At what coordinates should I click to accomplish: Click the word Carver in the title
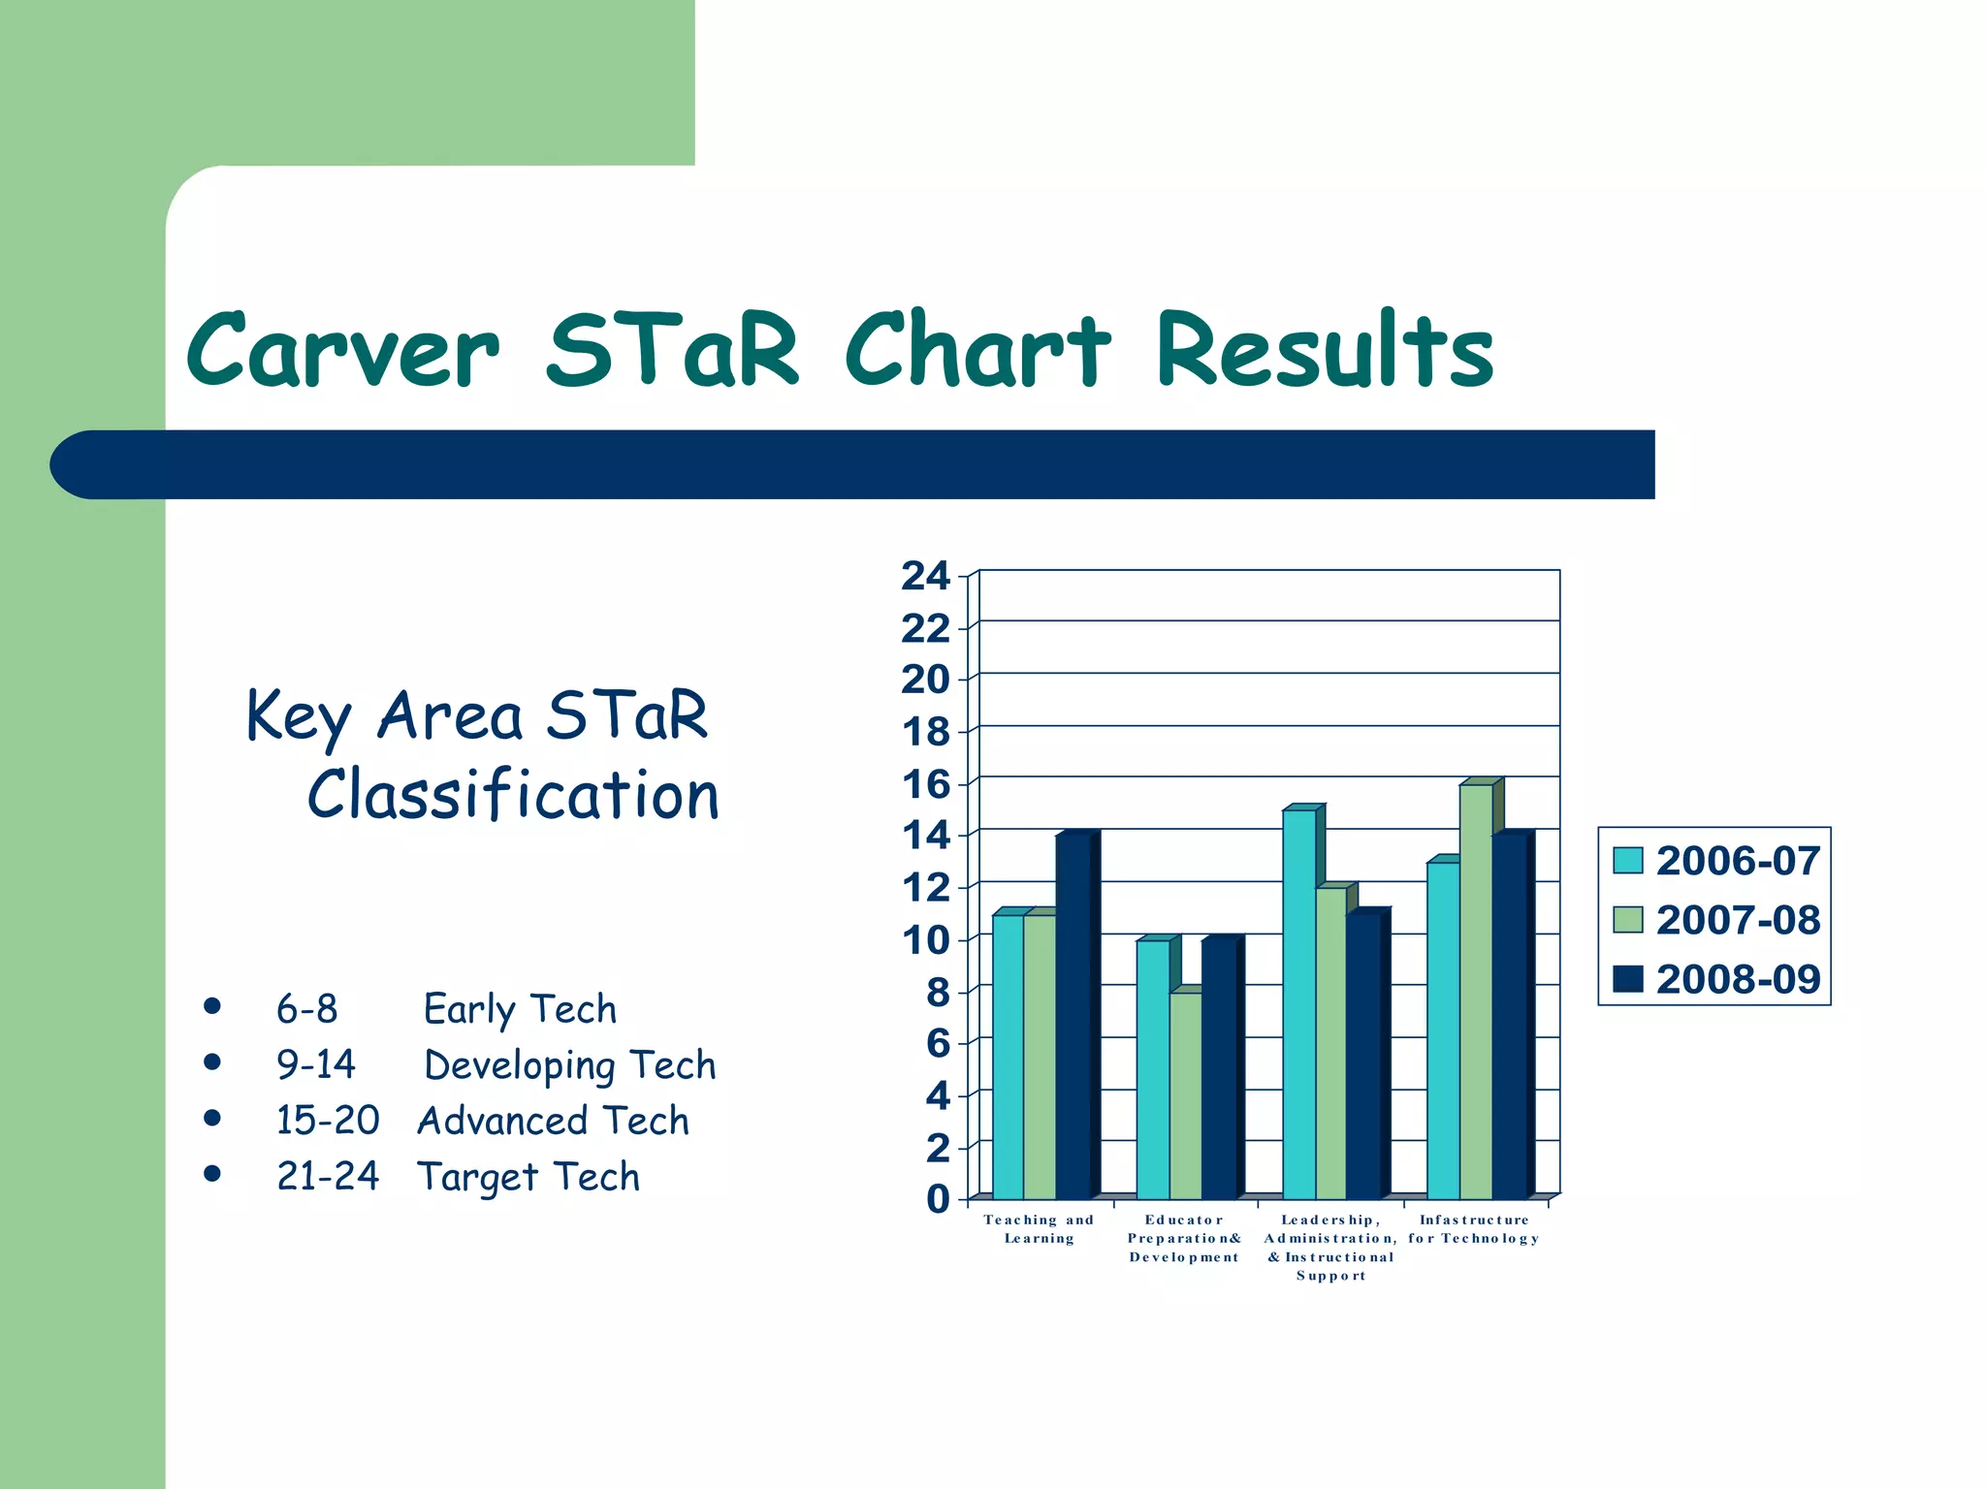click(x=342, y=351)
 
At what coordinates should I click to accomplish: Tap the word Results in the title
click(x=1325, y=351)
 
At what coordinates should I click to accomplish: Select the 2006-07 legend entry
click(x=1716, y=861)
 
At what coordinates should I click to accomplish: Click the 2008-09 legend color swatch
click(x=1628, y=979)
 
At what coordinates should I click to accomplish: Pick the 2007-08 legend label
click(x=1738, y=920)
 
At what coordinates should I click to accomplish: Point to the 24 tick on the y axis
click(x=925, y=576)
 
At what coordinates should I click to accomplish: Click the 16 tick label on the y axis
click(x=925, y=784)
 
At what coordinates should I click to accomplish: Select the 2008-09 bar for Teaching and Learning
click(x=1073, y=1018)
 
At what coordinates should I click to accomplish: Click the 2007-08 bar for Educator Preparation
click(x=1185, y=1095)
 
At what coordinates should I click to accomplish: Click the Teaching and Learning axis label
click(x=1039, y=1229)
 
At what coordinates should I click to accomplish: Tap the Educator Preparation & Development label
click(x=1184, y=1238)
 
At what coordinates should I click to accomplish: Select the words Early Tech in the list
click(x=520, y=1009)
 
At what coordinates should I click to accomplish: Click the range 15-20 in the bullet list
click(x=327, y=1121)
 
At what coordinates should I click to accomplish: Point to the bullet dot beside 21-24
click(x=212, y=1174)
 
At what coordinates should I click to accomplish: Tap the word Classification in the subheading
click(x=513, y=795)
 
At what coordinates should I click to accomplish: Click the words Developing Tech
click(x=569, y=1065)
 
